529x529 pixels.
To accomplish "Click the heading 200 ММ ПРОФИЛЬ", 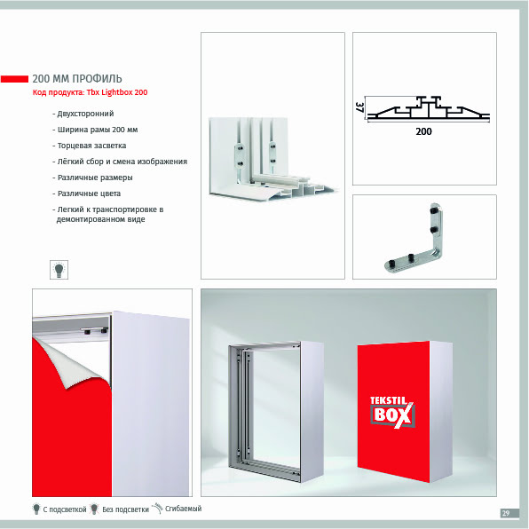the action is click(77, 79).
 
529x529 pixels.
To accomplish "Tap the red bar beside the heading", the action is click(14, 79).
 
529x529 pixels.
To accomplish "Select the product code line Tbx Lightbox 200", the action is click(90, 92).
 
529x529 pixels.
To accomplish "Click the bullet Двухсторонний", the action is click(83, 114).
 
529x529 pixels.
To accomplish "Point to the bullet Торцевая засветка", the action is click(90, 146).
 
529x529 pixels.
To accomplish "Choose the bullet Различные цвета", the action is click(87, 193).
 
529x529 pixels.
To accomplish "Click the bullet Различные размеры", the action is click(93, 178).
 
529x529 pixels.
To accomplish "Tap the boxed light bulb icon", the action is click(59, 270).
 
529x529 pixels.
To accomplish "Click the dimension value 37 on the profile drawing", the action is click(359, 107).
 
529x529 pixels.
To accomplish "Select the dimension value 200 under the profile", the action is click(423, 131).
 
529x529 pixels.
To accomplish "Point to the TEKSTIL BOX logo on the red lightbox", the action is click(392, 412).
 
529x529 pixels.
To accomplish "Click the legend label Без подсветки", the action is click(125, 509).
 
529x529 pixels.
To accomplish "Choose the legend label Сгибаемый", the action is click(183, 509).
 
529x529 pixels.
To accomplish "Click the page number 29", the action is click(505, 513).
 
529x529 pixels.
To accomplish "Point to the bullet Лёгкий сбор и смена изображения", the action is click(120, 162).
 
